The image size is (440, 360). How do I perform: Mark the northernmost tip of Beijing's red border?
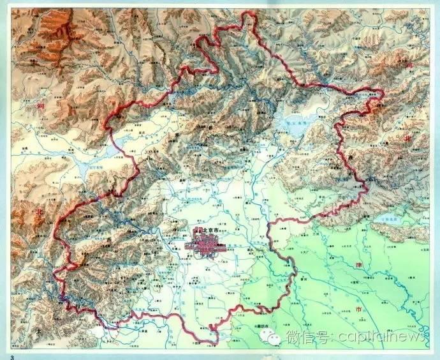click(x=249, y=14)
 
